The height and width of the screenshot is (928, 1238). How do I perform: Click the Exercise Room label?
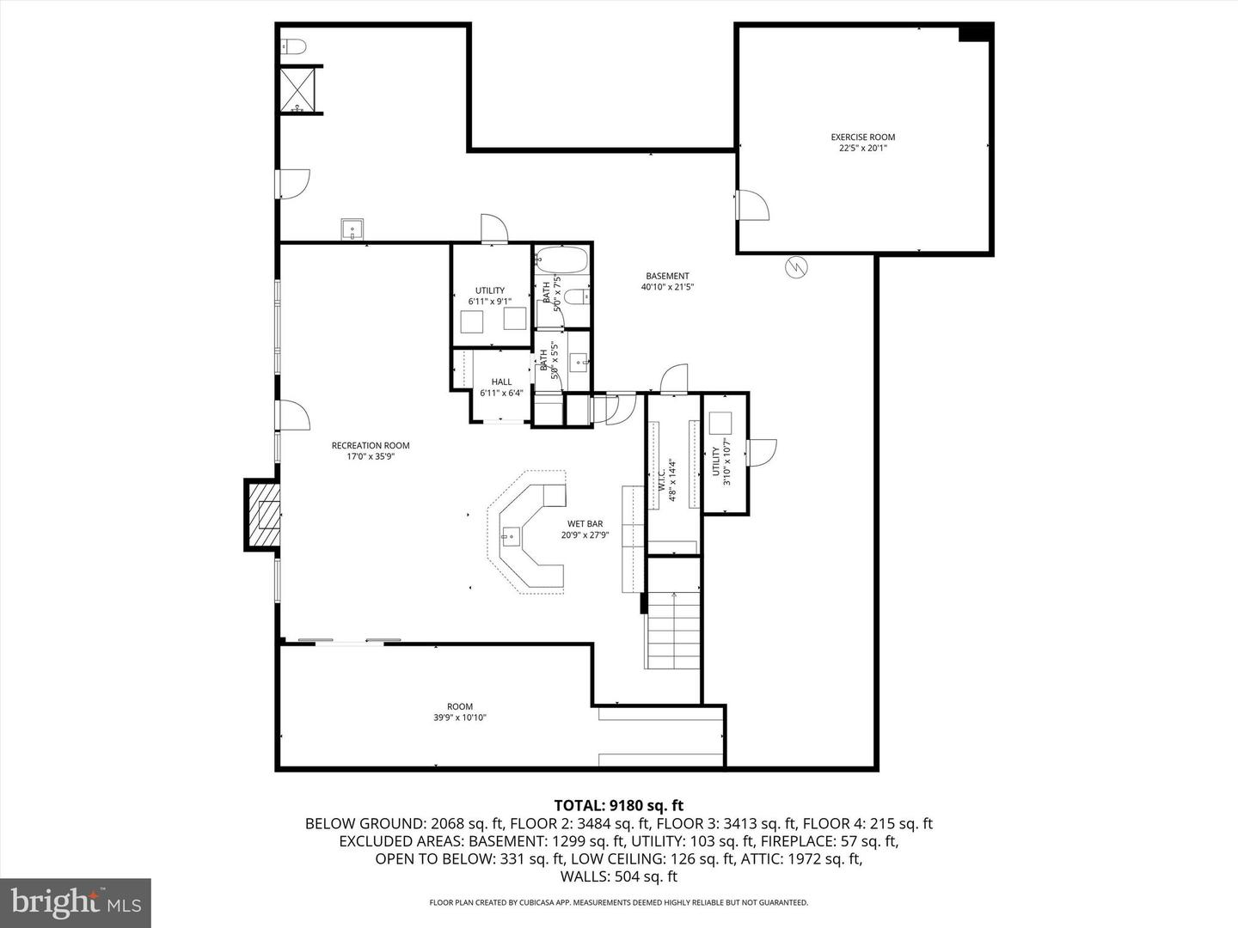(862, 142)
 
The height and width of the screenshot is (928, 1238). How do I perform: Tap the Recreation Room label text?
(371, 450)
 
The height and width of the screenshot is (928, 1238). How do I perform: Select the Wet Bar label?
(585, 528)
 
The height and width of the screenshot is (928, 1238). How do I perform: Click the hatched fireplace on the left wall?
(264, 515)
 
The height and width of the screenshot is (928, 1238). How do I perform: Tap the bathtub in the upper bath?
(561, 260)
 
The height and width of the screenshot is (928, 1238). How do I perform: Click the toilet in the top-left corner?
(292, 47)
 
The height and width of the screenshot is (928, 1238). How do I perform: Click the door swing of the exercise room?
(751, 205)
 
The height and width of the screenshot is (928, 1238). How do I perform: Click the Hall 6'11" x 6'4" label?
(501, 387)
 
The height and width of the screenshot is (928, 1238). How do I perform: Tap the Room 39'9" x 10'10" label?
(460, 711)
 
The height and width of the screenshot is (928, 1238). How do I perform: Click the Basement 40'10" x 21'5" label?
(667, 281)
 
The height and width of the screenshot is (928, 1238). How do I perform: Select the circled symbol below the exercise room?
(797, 268)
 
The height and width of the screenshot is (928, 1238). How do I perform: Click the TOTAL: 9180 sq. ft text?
(618, 805)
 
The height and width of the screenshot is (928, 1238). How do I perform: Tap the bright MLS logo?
(75, 902)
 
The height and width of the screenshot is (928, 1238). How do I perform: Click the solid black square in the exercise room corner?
(975, 33)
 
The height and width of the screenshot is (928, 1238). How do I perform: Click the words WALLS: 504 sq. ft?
(618, 876)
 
